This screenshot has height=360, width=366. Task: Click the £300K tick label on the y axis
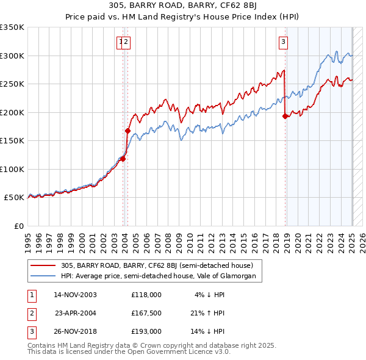click(12, 56)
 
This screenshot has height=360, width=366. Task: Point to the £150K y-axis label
click(12, 140)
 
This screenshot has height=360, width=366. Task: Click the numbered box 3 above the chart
click(284, 41)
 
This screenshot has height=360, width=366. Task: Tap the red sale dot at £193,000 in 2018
click(285, 117)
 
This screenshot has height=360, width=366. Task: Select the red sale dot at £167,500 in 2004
click(127, 131)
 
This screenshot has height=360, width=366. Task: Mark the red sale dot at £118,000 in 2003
click(123, 159)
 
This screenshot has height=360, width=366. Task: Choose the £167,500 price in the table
click(146, 313)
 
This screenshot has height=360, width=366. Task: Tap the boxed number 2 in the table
click(32, 313)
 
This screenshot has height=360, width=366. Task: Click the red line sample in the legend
click(43, 265)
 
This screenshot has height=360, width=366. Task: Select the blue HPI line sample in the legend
click(43, 276)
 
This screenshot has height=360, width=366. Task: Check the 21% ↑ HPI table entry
click(208, 313)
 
